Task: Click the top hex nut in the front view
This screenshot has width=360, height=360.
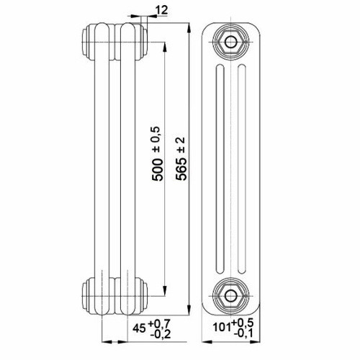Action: coord(231,41)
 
